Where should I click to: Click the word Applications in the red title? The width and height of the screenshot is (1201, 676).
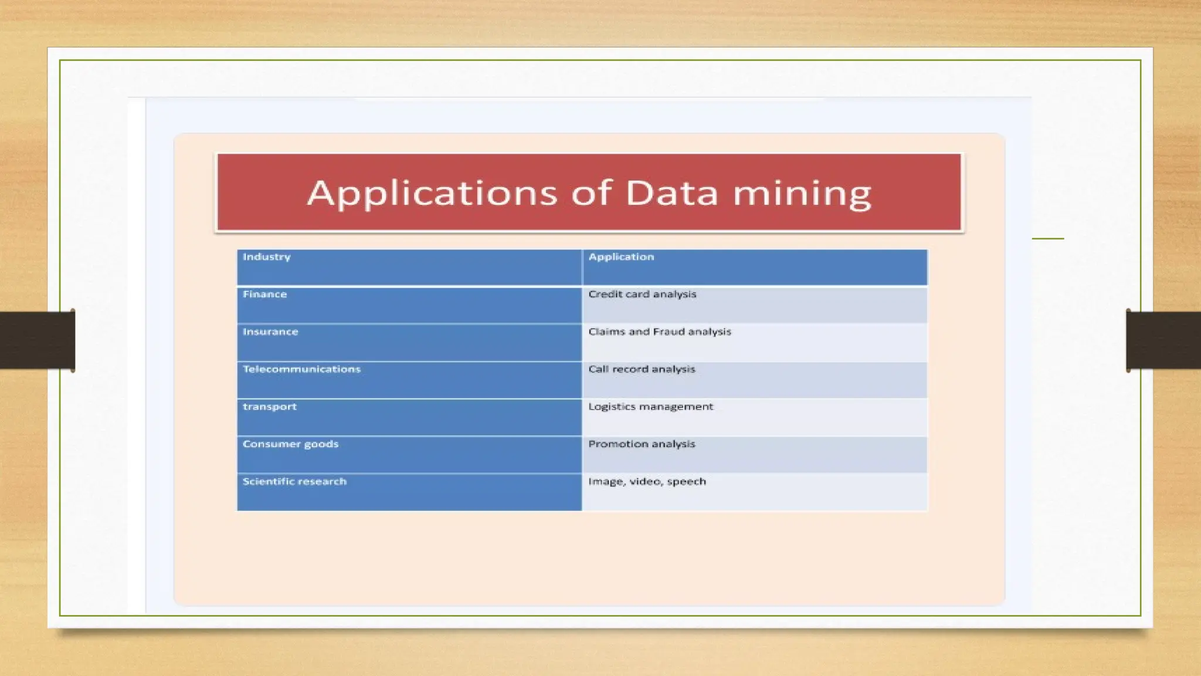coord(432,194)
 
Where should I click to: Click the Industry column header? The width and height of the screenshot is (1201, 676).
coord(267,257)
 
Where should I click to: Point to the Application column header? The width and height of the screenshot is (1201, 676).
coord(621,257)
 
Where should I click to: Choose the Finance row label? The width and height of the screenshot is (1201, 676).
coord(265,295)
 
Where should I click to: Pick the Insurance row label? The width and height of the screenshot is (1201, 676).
coord(270,332)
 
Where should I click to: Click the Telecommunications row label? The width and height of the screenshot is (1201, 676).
coord(301,369)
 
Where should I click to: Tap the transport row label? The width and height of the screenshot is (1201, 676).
coord(270,407)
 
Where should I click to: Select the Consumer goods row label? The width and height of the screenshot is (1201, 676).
coord(290,444)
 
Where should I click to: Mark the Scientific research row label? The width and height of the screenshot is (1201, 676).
coord(294,482)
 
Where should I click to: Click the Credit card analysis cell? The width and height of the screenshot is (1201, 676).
coord(642,295)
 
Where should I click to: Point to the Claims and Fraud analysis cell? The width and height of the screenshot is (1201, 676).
coord(660,332)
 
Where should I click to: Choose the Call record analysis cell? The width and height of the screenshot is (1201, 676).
coord(642,369)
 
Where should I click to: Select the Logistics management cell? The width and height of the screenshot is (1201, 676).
coord(651,407)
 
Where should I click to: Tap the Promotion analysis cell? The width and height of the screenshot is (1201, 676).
coord(642,444)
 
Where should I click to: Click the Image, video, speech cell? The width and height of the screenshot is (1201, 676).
coord(647,482)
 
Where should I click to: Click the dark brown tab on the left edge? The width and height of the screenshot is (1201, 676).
coord(37,340)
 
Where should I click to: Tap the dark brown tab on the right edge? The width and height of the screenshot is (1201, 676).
coord(1163,340)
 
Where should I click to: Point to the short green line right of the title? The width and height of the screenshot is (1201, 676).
coord(1048,238)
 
